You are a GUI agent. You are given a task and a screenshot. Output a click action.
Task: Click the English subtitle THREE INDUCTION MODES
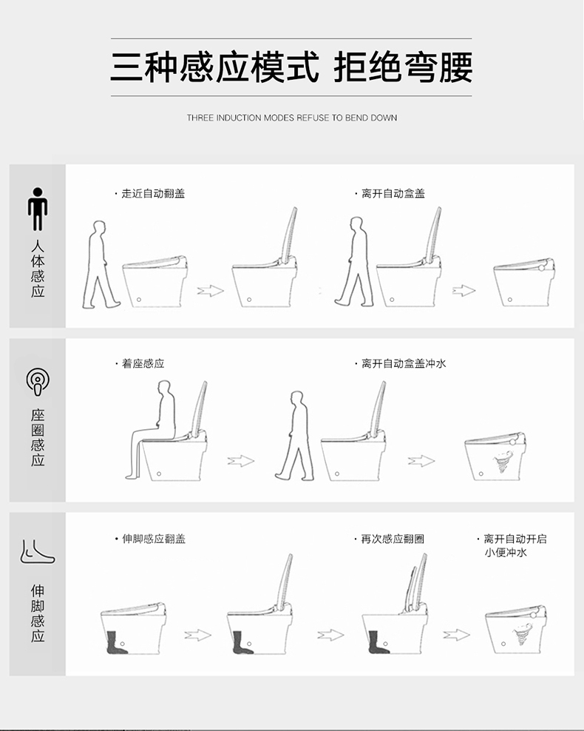tap(241, 118)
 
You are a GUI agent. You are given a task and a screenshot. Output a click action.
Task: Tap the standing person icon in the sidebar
tap(37, 209)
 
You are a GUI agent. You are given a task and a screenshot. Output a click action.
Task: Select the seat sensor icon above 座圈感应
tap(37, 381)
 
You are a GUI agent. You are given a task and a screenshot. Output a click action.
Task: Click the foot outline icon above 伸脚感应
tap(37, 552)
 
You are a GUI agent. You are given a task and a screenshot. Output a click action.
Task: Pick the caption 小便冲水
tap(506, 553)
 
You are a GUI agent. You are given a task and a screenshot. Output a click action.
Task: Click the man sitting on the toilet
tap(152, 429)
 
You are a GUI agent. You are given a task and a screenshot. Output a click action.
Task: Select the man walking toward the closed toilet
tap(101, 264)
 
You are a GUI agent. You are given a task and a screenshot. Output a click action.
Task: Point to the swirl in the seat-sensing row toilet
tap(502, 462)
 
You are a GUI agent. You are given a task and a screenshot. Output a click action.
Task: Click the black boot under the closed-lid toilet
tap(116, 642)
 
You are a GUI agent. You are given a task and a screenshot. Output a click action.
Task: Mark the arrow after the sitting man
tap(241, 461)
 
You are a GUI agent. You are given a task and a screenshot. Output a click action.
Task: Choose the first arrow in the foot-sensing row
tap(198, 635)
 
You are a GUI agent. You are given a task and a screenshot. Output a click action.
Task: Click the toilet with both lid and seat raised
tap(395, 606)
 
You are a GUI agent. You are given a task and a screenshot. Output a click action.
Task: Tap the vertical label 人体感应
tap(38, 269)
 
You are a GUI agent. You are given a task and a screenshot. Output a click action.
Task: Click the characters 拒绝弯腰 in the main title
tap(403, 67)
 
